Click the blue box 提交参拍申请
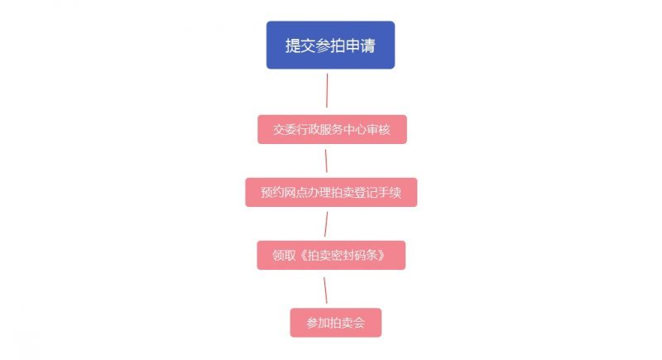tap(330, 45)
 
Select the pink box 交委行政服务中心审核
tap(331, 129)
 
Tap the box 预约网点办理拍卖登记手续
tap(331, 192)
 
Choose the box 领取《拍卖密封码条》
tap(331, 255)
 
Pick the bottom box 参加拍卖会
tap(335, 322)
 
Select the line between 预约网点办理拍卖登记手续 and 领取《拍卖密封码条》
tap(326, 223)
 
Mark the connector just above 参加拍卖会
tap(326, 289)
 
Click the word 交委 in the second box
tap(285, 130)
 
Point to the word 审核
tap(377, 130)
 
